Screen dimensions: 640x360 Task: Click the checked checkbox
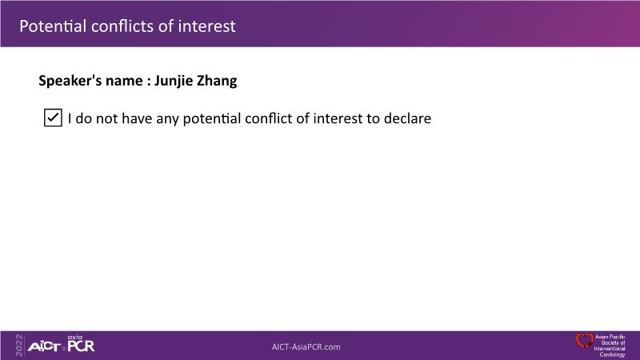click(53, 118)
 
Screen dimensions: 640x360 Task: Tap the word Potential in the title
click(53, 26)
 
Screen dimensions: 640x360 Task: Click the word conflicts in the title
click(122, 26)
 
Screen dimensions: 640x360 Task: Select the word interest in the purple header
click(207, 26)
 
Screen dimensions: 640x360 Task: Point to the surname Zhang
click(217, 81)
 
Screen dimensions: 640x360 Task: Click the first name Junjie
click(174, 81)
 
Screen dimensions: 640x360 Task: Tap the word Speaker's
click(70, 81)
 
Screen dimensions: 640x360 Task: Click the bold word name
click(125, 81)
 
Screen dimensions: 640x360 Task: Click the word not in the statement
click(106, 118)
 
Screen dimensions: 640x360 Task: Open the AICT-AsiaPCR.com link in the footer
click(306, 347)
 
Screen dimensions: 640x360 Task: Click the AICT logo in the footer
click(44, 347)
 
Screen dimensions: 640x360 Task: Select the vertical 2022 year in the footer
click(19, 346)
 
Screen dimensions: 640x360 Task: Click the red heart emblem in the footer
click(585, 341)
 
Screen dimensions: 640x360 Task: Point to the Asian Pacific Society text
click(610, 346)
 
